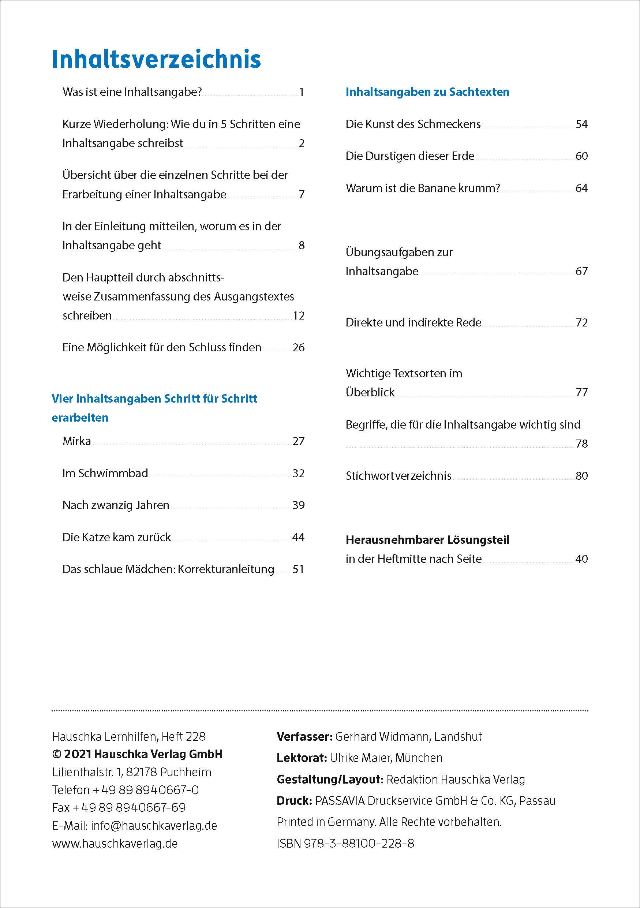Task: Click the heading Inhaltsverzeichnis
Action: click(156, 59)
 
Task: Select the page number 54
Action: click(581, 124)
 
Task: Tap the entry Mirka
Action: click(77, 441)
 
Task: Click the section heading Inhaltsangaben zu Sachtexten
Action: click(427, 92)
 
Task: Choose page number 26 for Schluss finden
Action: click(299, 347)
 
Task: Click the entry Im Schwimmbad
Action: click(105, 473)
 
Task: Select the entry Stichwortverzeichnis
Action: click(398, 475)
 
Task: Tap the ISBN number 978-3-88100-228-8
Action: click(359, 843)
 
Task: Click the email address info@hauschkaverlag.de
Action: click(154, 825)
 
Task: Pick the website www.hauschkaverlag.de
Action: click(115, 843)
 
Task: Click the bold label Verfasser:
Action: click(304, 736)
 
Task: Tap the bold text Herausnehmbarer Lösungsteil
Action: click(427, 540)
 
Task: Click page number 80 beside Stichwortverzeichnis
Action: click(581, 475)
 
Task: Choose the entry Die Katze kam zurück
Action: click(117, 537)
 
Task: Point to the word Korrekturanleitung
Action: click(226, 569)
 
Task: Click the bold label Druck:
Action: click(294, 800)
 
